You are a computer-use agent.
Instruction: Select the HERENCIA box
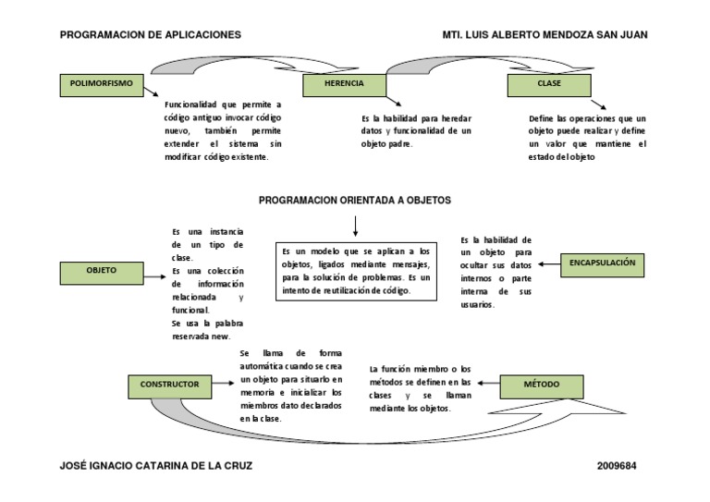[x=343, y=85]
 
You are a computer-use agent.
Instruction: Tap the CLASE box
[x=548, y=85]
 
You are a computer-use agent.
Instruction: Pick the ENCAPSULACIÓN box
[x=603, y=264]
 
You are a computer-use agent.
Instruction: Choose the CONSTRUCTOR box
[x=169, y=386]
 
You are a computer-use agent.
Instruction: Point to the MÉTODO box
[x=541, y=385]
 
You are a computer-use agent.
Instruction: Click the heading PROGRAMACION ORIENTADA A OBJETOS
[x=354, y=201]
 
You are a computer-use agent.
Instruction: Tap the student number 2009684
[x=622, y=466]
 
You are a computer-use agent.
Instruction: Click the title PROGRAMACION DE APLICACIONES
[x=151, y=34]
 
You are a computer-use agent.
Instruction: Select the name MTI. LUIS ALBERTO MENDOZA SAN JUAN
[x=545, y=34]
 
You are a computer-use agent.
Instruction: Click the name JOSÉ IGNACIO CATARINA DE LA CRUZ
[x=155, y=466]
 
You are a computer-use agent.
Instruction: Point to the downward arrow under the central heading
[x=354, y=226]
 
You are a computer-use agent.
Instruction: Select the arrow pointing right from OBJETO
[x=156, y=273]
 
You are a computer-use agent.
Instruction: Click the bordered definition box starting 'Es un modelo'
[x=356, y=270]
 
